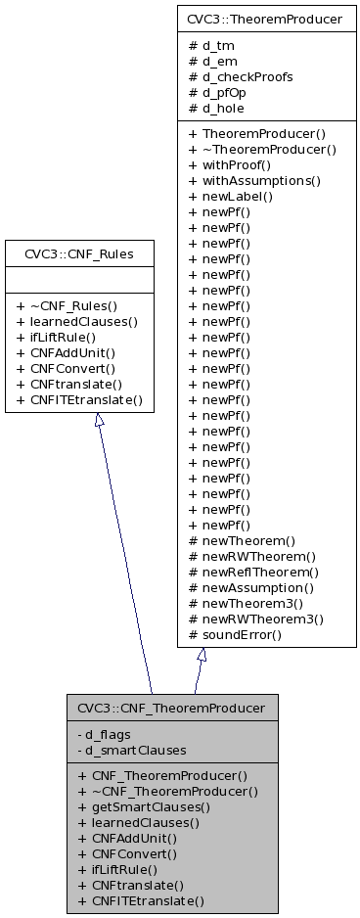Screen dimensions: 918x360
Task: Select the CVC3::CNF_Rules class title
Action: (79, 254)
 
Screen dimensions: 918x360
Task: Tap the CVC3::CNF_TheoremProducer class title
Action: (171, 706)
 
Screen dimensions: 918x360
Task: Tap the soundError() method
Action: (242, 634)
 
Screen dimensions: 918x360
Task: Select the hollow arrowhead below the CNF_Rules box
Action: (99, 421)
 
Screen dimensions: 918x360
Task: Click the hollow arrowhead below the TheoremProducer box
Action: (202, 656)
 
